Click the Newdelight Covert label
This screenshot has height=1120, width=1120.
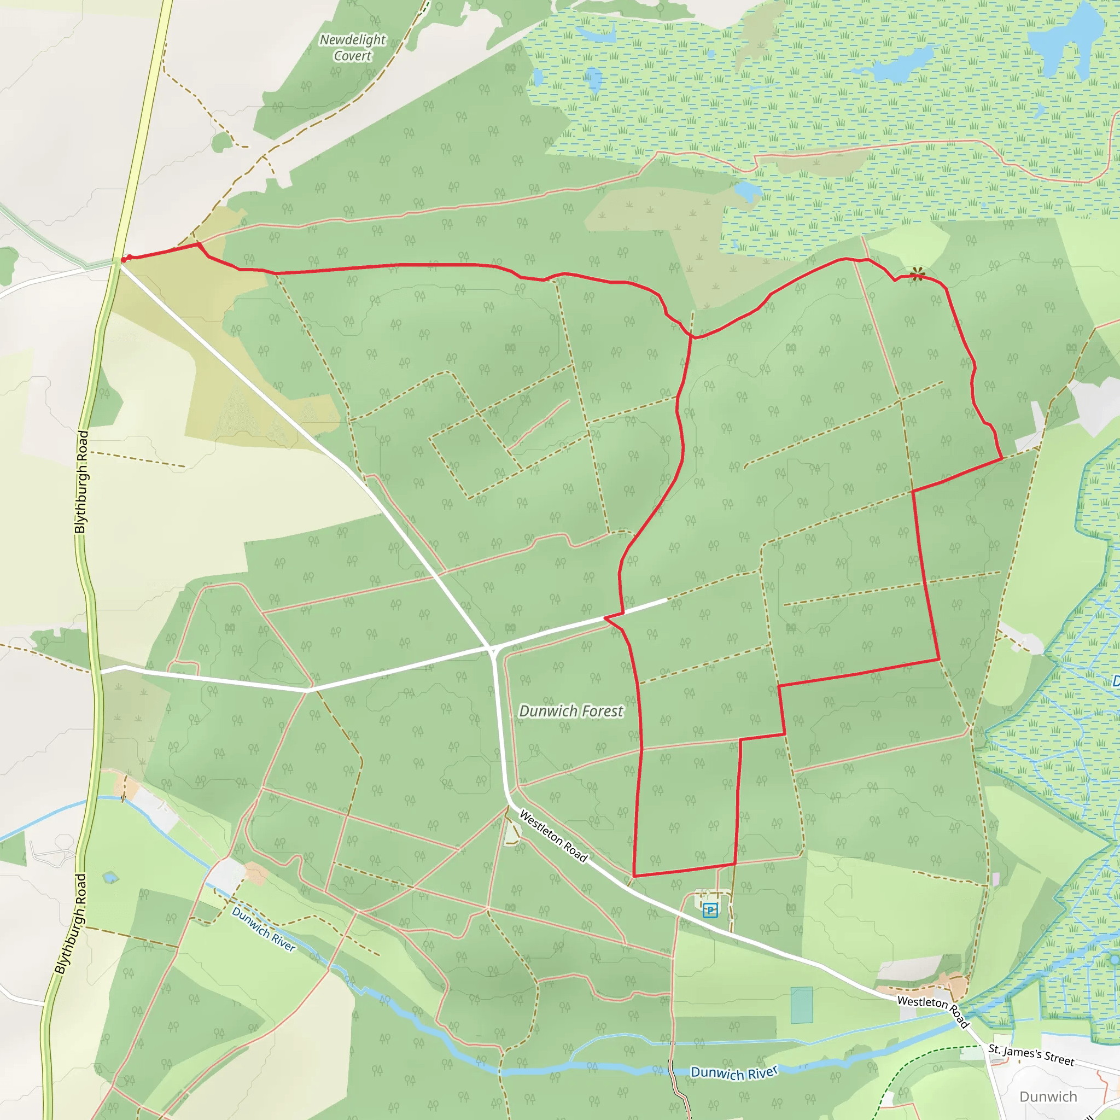[x=353, y=48]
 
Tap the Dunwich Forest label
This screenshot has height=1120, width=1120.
[x=571, y=711]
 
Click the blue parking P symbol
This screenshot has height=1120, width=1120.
[x=710, y=910]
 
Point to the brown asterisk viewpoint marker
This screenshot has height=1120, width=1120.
[x=917, y=273]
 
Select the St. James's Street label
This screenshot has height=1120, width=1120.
[x=1031, y=1055]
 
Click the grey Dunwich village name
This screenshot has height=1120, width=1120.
[x=1048, y=1097]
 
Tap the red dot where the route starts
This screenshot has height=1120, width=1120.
[x=124, y=259]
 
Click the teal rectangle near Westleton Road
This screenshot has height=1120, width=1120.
[x=801, y=1005]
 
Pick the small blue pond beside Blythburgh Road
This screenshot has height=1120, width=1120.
[x=110, y=878]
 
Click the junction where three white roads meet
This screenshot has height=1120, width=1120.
[x=492, y=647]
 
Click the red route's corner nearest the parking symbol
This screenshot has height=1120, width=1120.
[x=734, y=864]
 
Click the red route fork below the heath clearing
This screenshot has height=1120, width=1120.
[x=692, y=336]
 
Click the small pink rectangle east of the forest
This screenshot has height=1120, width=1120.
[x=996, y=880]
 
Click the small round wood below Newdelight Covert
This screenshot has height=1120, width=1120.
[x=221, y=142]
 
